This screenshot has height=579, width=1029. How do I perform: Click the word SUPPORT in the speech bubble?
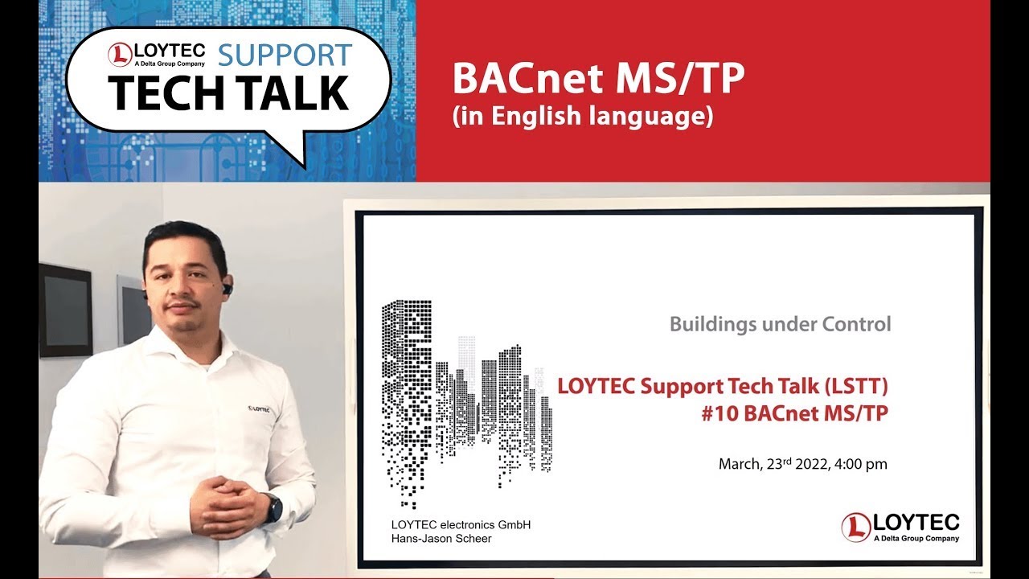pos(285,54)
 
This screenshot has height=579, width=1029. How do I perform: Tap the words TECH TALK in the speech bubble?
pos(229,93)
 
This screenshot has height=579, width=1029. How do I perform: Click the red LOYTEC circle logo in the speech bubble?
pos(120,55)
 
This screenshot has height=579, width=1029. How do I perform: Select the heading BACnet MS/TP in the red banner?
pos(599,77)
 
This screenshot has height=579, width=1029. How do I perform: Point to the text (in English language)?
pos(583,117)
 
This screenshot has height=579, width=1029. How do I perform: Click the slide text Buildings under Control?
pos(780,324)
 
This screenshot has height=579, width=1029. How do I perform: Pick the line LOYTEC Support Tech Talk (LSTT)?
pos(723,386)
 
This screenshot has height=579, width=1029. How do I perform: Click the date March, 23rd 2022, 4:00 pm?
pos(802,464)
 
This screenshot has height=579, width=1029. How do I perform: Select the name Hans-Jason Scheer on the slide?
pos(441,539)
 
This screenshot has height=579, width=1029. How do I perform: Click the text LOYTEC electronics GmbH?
pos(460,525)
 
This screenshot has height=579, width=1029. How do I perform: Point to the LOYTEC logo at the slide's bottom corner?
pos(900,527)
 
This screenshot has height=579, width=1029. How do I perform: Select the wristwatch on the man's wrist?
pos(273,507)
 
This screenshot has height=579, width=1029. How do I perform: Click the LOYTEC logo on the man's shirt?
pos(260,409)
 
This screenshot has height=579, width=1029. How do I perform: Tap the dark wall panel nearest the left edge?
pos(64,310)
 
